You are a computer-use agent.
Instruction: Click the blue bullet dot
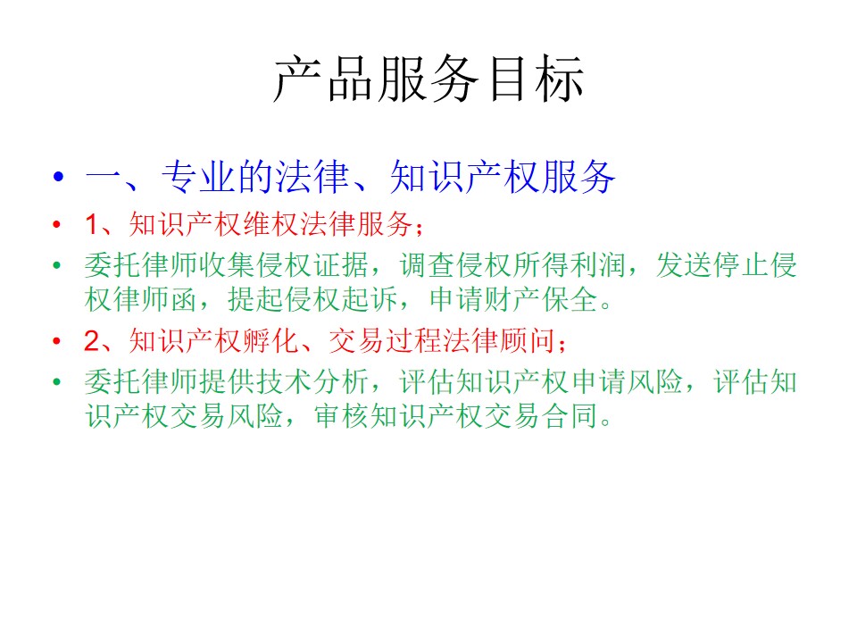pyautogui.click(x=59, y=176)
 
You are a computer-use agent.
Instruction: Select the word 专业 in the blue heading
pyautogui.click(x=199, y=177)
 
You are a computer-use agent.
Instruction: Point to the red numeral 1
pyautogui.click(x=91, y=224)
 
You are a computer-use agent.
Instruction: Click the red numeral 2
pyautogui.click(x=91, y=340)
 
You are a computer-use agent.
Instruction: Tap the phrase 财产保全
pyautogui.click(x=542, y=299)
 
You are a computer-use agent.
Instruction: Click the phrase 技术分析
pyautogui.click(x=313, y=381)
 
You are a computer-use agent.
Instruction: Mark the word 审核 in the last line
pyautogui.click(x=342, y=415)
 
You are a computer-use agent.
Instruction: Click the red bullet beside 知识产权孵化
pyautogui.click(x=56, y=340)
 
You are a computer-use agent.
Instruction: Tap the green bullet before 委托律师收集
pyautogui.click(x=56, y=266)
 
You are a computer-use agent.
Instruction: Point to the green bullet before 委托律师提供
pyautogui.click(x=56, y=381)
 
